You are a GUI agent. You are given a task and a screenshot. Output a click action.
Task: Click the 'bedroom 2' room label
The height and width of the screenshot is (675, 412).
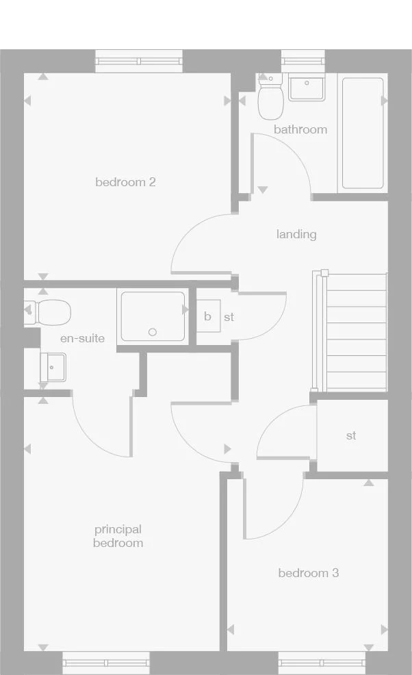[125, 182]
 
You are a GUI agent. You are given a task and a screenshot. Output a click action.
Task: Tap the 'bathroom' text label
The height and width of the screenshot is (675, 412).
[300, 129]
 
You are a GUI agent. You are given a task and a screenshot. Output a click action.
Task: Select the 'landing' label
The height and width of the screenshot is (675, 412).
[296, 234]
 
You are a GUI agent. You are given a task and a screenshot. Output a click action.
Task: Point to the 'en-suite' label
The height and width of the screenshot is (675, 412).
[82, 338]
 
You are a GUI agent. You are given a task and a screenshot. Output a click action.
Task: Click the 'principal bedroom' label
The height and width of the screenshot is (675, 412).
[118, 536]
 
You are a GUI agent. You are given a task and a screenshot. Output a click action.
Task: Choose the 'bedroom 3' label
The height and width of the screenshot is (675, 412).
[308, 573]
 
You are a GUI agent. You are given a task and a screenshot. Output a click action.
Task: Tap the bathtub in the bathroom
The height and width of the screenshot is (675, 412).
[362, 133]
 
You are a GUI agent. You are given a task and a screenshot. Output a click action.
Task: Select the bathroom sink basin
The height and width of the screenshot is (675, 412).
[306, 88]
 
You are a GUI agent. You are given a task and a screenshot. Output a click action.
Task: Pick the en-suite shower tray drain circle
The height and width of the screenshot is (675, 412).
[153, 333]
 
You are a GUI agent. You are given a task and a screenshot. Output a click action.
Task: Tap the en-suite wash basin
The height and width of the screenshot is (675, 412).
[53, 367]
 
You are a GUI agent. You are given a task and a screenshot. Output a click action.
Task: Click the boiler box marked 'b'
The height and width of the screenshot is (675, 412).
[208, 316]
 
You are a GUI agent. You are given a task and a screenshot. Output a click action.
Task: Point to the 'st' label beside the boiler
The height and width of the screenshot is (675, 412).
[229, 318]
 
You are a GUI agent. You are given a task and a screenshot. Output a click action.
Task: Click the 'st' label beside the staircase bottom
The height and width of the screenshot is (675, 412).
[351, 435]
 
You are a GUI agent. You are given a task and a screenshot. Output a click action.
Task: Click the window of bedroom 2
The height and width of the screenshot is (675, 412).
[139, 61]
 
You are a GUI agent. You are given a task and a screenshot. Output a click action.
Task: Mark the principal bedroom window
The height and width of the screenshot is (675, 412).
[106, 662]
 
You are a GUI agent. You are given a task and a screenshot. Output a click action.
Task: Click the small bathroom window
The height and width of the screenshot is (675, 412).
[302, 61]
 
